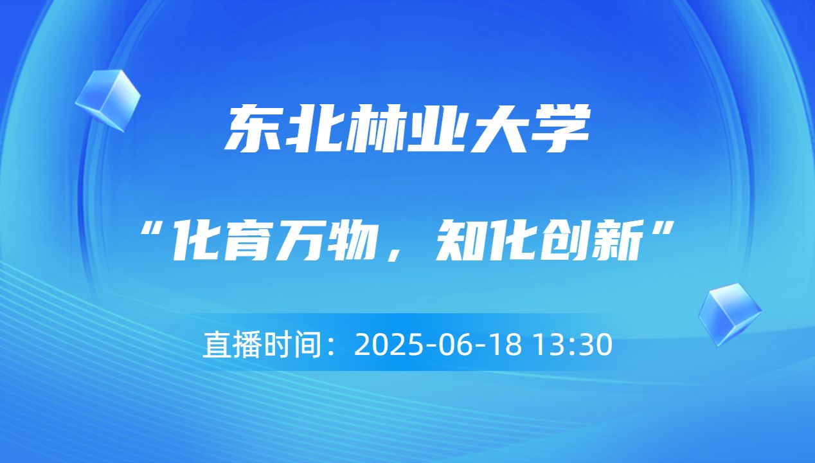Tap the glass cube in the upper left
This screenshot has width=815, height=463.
(x=107, y=100)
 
